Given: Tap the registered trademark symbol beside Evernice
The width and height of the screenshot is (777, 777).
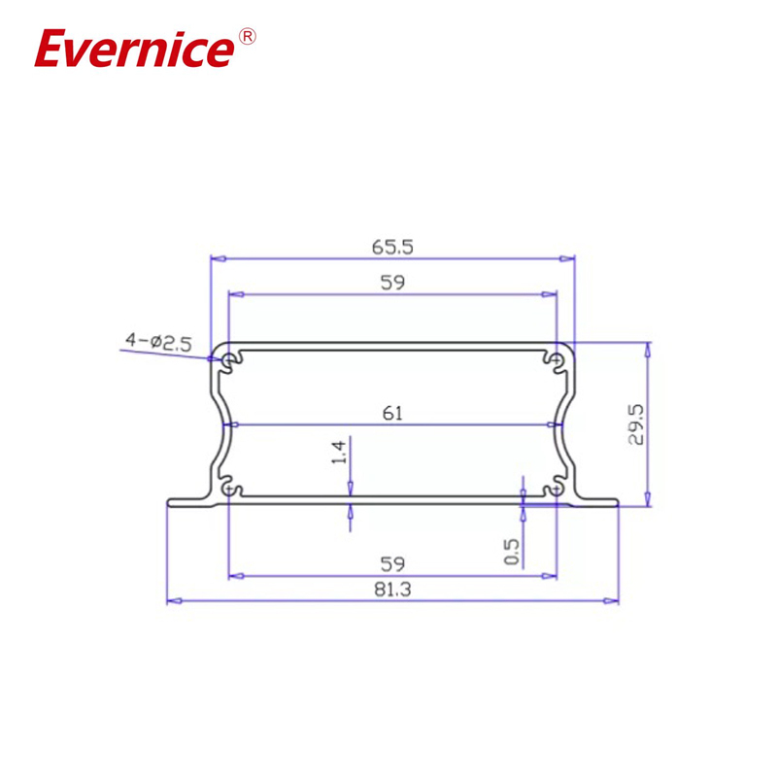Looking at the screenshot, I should [247, 37].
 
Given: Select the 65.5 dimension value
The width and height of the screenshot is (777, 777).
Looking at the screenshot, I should [392, 247].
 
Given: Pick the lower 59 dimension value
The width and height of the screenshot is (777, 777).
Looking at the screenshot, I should [392, 563].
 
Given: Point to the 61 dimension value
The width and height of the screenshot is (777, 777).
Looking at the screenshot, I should [392, 414].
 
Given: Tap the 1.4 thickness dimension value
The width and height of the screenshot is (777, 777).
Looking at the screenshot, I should [339, 452].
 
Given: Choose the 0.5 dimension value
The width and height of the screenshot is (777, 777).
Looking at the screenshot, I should [513, 553].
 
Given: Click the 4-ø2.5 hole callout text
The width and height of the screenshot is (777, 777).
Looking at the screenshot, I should [158, 341].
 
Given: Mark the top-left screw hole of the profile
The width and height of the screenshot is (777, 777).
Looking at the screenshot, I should [229, 361].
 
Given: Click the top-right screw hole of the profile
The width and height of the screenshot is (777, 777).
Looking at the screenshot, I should [557, 361].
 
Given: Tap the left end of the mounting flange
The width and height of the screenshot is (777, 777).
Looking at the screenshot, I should [172, 502].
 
